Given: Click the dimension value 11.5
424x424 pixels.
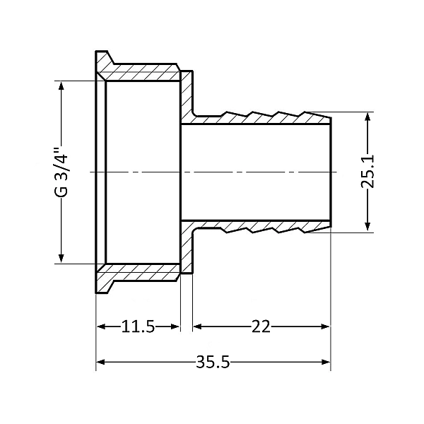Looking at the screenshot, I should [x=138, y=327].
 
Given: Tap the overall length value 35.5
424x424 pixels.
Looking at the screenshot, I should [x=213, y=363].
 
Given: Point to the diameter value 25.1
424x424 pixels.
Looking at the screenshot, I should [x=367, y=172].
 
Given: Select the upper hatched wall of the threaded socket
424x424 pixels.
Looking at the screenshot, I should [x=141, y=73].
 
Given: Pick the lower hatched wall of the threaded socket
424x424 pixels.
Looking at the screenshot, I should [x=141, y=270].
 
